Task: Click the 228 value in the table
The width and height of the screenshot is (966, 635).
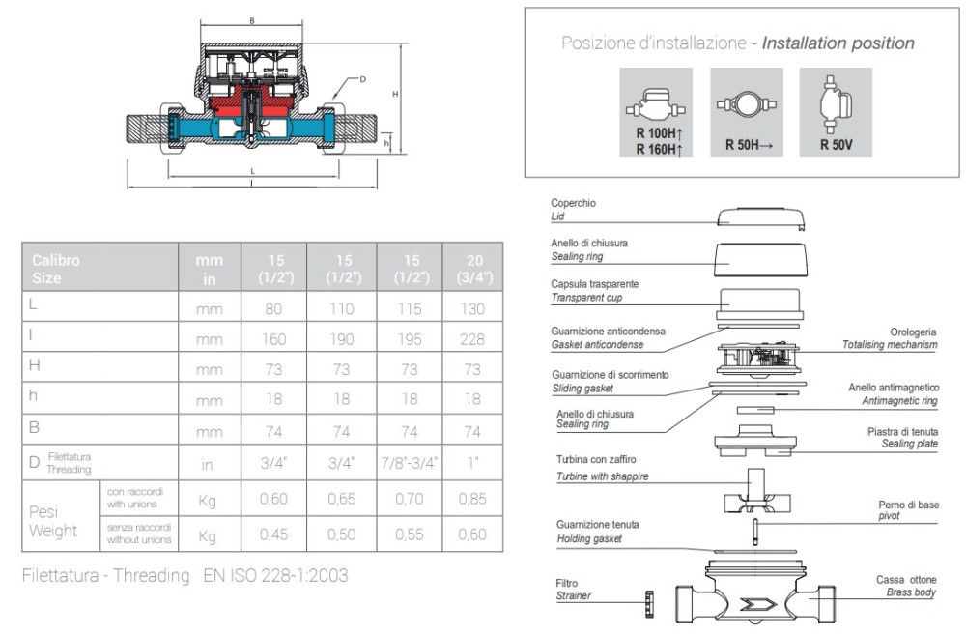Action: click(x=472, y=339)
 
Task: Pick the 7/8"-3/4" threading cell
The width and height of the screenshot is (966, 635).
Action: click(x=410, y=464)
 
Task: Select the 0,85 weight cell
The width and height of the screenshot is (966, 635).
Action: click(x=472, y=500)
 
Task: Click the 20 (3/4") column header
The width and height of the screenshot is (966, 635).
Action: click(x=472, y=268)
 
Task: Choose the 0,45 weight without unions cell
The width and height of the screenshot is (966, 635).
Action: click(x=272, y=534)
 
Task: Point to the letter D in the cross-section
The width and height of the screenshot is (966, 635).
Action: click(x=361, y=80)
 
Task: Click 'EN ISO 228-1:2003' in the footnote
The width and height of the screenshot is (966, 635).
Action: click(x=275, y=575)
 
